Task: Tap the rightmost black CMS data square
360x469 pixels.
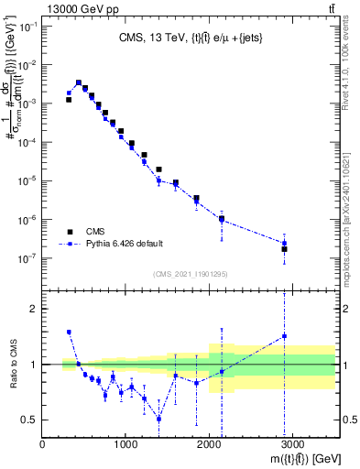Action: [x=284, y=249]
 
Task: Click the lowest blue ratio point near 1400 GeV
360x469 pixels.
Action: [x=159, y=419]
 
